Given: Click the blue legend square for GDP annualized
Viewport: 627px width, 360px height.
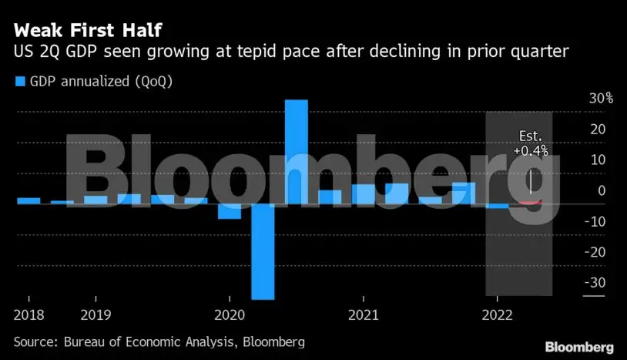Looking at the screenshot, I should pyautogui.click(x=20, y=81).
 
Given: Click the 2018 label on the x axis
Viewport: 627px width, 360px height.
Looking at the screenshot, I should pyautogui.click(x=28, y=315).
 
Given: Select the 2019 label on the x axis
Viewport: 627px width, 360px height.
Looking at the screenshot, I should pyautogui.click(x=96, y=315).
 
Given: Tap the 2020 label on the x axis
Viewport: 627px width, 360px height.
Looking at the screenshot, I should pyautogui.click(x=229, y=315).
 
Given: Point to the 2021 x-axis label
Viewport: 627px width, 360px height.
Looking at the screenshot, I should pyautogui.click(x=363, y=315).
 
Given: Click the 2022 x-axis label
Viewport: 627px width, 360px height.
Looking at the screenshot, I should pyautogui.click(x=497, y=315).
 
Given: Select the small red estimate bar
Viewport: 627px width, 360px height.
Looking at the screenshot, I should pyautogui.click(x=530, y=202).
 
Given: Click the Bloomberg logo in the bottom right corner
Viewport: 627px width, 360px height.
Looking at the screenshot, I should pyautogui.click(x=578, y=347).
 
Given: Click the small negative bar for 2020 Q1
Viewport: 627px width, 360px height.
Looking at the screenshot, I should pyautogui.click(x=230, y=211).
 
